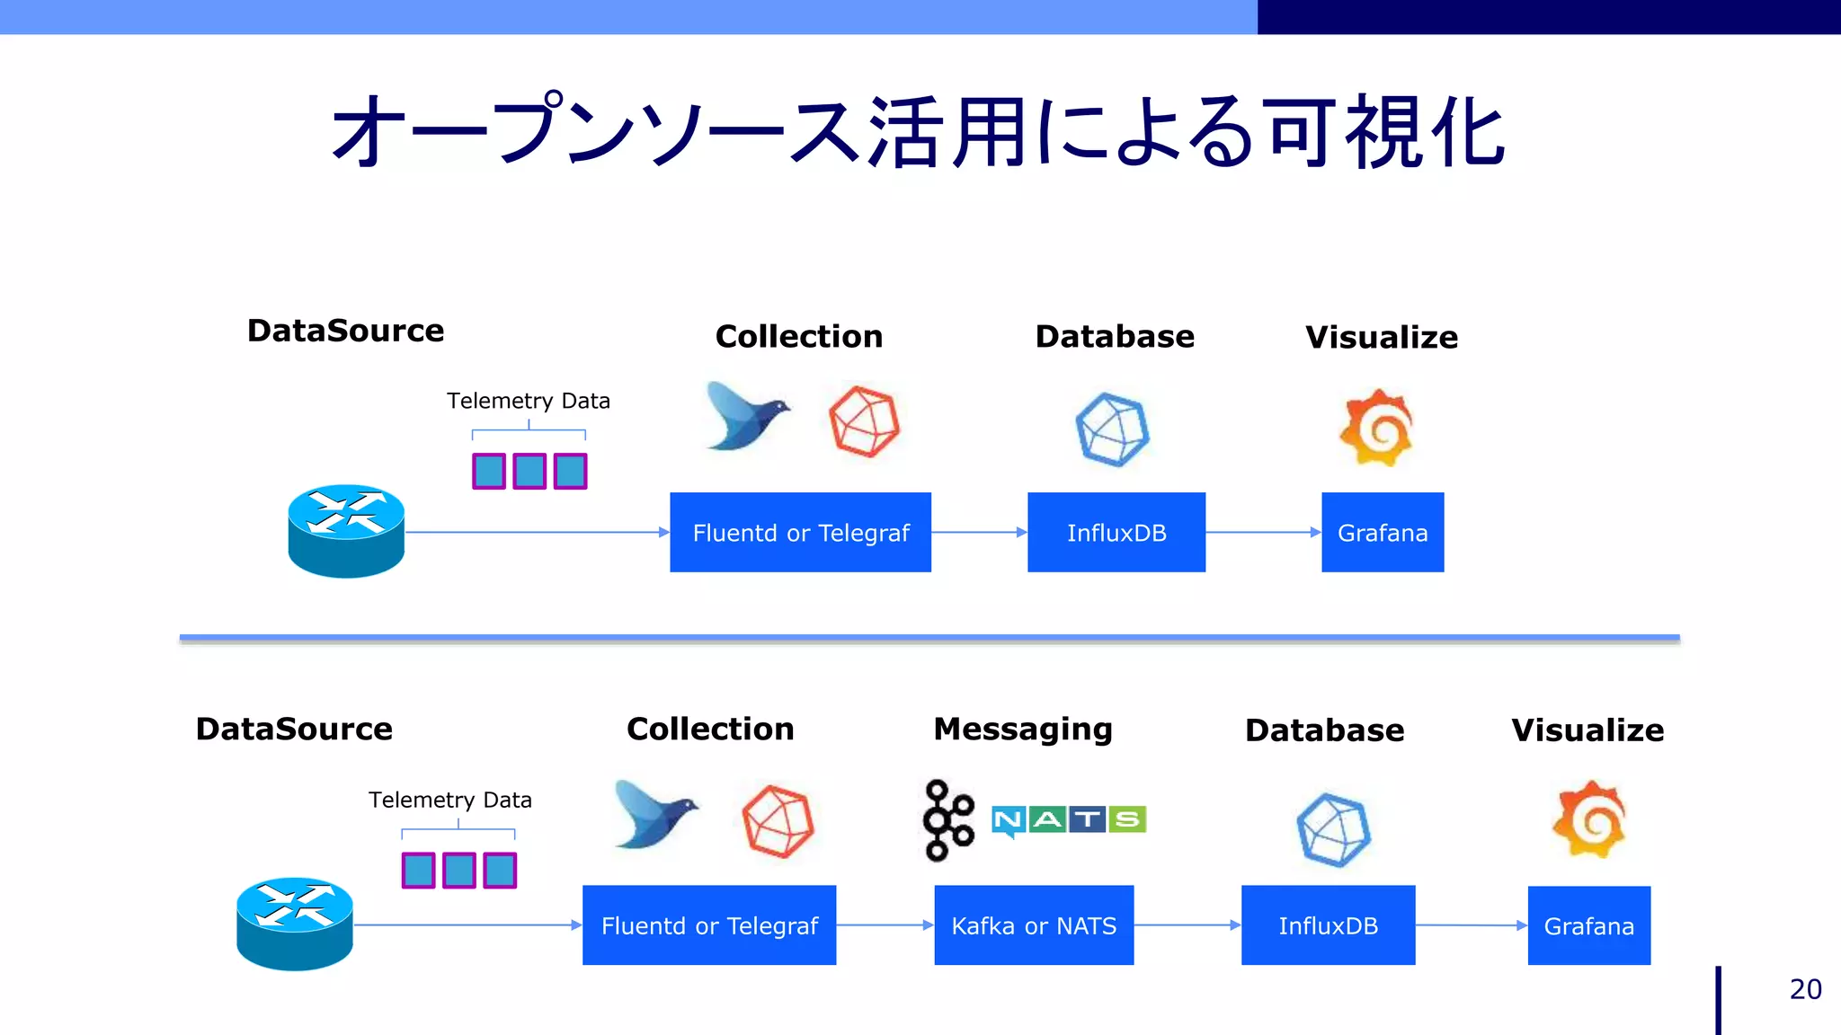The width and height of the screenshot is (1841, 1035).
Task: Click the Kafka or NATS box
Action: coord(1034,925)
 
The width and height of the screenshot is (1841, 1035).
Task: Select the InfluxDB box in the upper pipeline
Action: coord(1116,533)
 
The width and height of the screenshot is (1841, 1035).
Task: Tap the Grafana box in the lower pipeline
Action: coord(1588,926)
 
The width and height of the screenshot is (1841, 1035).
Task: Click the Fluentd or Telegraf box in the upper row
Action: coord(800,533)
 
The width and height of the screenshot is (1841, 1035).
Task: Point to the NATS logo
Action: coord(1069,819)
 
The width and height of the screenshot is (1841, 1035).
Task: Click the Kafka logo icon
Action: coord(947,820)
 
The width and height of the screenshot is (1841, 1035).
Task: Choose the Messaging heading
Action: coord(1023,729)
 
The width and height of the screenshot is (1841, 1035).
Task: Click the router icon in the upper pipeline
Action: coord(346,531)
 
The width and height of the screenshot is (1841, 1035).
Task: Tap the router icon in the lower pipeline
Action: coord(295,924)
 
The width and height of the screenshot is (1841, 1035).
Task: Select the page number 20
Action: coord(1805,989)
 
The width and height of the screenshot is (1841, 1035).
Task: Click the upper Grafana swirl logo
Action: coord(1377,428)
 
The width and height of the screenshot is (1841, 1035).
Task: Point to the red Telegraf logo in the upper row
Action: coord(864,421)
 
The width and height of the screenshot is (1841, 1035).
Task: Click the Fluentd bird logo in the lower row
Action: coord(655,814)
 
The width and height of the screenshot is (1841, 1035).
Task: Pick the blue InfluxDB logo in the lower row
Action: coord(1334,829)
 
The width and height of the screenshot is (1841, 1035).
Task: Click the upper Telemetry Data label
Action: coord(529,401)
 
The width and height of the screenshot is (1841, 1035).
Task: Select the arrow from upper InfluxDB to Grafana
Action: coord(1263,533)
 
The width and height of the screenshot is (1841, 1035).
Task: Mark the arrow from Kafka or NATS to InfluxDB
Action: coord(1187,925)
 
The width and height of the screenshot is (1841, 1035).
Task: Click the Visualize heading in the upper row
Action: coord(1382,337)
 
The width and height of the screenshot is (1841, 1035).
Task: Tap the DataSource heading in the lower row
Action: coord(294,729)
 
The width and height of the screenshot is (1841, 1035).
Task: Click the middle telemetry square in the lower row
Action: coord(459,870)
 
